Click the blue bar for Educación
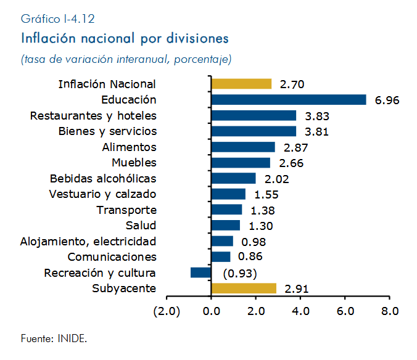click(x=289, y=100)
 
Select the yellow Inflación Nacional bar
click(x=241, y=84)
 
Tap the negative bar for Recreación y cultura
click(x=200, y=272)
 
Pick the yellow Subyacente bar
click(x=244, y=288)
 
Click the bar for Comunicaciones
click(x=221, y=257)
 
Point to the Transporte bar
click(x=226, y=210)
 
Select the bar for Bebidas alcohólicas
click(x=234, y=178)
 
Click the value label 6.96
click(x=387, y=100)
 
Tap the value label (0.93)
click(x=240, y=273)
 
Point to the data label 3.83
click(x=317, y=116)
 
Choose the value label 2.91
click(x=297, y=289)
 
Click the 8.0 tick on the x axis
click(x=390, y=311)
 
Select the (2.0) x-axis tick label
click(x=167, y=311)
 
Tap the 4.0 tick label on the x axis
click(x=300, y=311)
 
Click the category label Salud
click(x=141, y=226)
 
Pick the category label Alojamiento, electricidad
click(x=88, y=242)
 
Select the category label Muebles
click(x=134, y=163)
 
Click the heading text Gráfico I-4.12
click(x=58, y=19)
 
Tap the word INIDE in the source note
click(x=72, y=339)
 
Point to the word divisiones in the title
click(x=197, y=38)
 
